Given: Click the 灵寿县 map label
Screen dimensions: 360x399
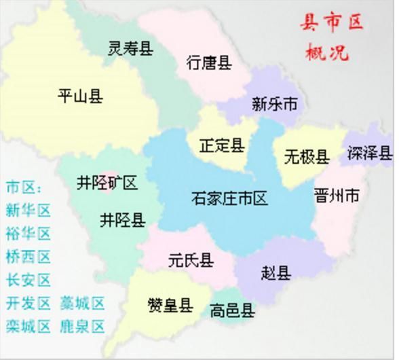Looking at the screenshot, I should tap(130, 48).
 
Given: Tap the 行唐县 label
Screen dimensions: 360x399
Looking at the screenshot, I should tap(209, 63).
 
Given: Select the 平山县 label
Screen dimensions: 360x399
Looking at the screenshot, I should tap(80, 96).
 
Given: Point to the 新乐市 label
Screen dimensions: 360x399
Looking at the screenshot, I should tap(274, 104).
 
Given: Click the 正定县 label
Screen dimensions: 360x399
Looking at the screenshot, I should tap(221, 145).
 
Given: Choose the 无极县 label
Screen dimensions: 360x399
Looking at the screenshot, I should tap(307, 157).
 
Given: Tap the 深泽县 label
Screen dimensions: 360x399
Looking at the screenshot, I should tap(369, 153).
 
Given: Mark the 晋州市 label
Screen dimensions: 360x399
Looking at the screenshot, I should tap(337, 196).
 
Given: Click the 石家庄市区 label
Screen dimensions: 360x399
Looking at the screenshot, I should tap(229, 198).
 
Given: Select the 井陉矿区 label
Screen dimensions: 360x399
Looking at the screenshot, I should tap(107, 183).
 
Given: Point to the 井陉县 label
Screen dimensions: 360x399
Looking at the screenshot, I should tap(122, 220).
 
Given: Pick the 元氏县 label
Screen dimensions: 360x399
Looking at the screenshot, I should tap(191, 259).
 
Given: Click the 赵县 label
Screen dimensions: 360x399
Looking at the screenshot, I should tap(275, 273).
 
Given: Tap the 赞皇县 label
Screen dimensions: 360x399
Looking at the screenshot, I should tap(170, 305).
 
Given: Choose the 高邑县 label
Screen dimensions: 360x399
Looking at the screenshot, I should tap(232, 311).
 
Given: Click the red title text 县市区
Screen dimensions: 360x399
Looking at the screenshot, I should tap(332, 24).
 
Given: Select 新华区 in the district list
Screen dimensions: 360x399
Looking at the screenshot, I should tap(28, 211).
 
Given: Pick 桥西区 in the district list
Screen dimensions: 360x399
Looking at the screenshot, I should tap(28, 257).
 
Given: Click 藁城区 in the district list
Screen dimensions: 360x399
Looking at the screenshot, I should tap(83, 303).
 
